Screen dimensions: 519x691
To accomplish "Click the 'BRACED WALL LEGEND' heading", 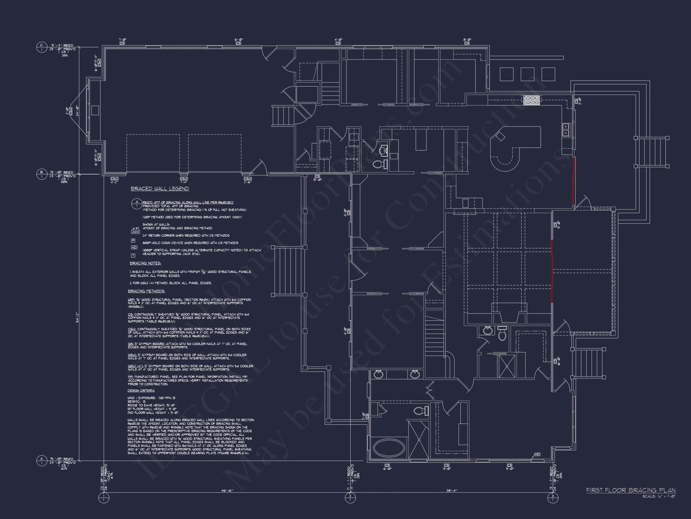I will (160, 189).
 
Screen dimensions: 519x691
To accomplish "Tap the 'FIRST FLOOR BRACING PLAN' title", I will (631, 490).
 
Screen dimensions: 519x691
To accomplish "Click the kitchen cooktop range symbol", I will (532, 100).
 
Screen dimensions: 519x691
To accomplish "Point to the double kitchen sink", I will (566, 130).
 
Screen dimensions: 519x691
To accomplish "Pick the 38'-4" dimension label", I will (451, 490).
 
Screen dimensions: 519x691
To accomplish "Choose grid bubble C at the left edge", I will (41, 47).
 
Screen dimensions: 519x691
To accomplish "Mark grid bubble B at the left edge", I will (41, 174).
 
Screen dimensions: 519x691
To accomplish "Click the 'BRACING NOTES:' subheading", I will (145, 263).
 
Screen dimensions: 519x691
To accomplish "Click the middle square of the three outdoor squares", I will (527, 74).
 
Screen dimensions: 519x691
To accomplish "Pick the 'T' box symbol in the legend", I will (133, 255).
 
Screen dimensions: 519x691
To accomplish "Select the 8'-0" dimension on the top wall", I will (467, 40).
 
